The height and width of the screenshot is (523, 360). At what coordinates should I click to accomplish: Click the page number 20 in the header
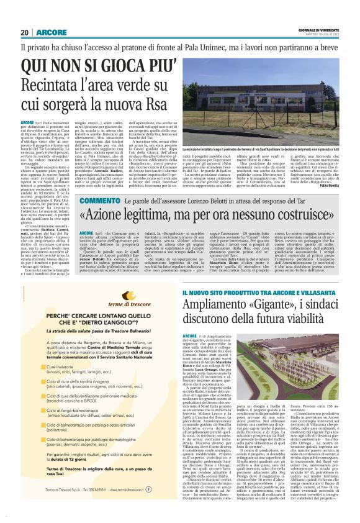click(24, 32)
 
